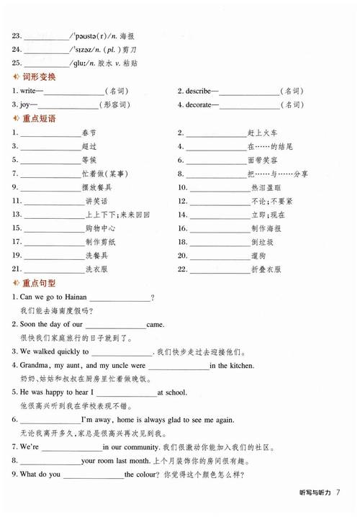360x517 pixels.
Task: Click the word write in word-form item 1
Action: (x=27, y=91)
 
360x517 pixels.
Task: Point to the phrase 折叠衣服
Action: (x=266, y=270)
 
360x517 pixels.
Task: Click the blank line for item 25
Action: (x=45, y=63)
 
